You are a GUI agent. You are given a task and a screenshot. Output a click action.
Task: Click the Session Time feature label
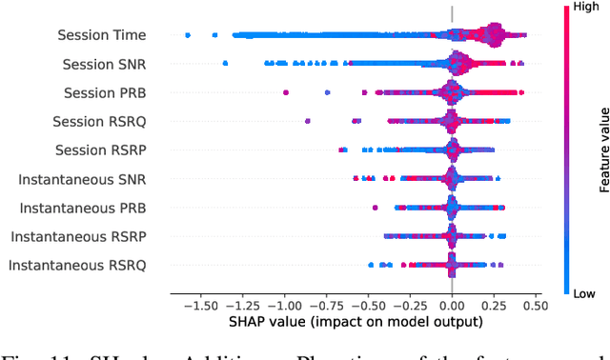102,35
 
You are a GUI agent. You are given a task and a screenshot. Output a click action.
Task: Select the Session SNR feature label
105,64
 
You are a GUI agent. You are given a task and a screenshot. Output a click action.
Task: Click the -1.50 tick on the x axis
198,307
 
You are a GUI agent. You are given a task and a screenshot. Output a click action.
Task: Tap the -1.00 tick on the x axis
282,307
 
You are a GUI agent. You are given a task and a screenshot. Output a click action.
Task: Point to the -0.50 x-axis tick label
367,307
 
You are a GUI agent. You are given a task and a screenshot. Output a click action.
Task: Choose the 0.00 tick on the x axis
452,307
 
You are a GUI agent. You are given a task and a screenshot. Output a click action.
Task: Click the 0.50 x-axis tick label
536,307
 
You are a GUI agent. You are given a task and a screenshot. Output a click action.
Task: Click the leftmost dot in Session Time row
188,35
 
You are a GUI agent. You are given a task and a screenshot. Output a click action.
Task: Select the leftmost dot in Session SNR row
225,64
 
